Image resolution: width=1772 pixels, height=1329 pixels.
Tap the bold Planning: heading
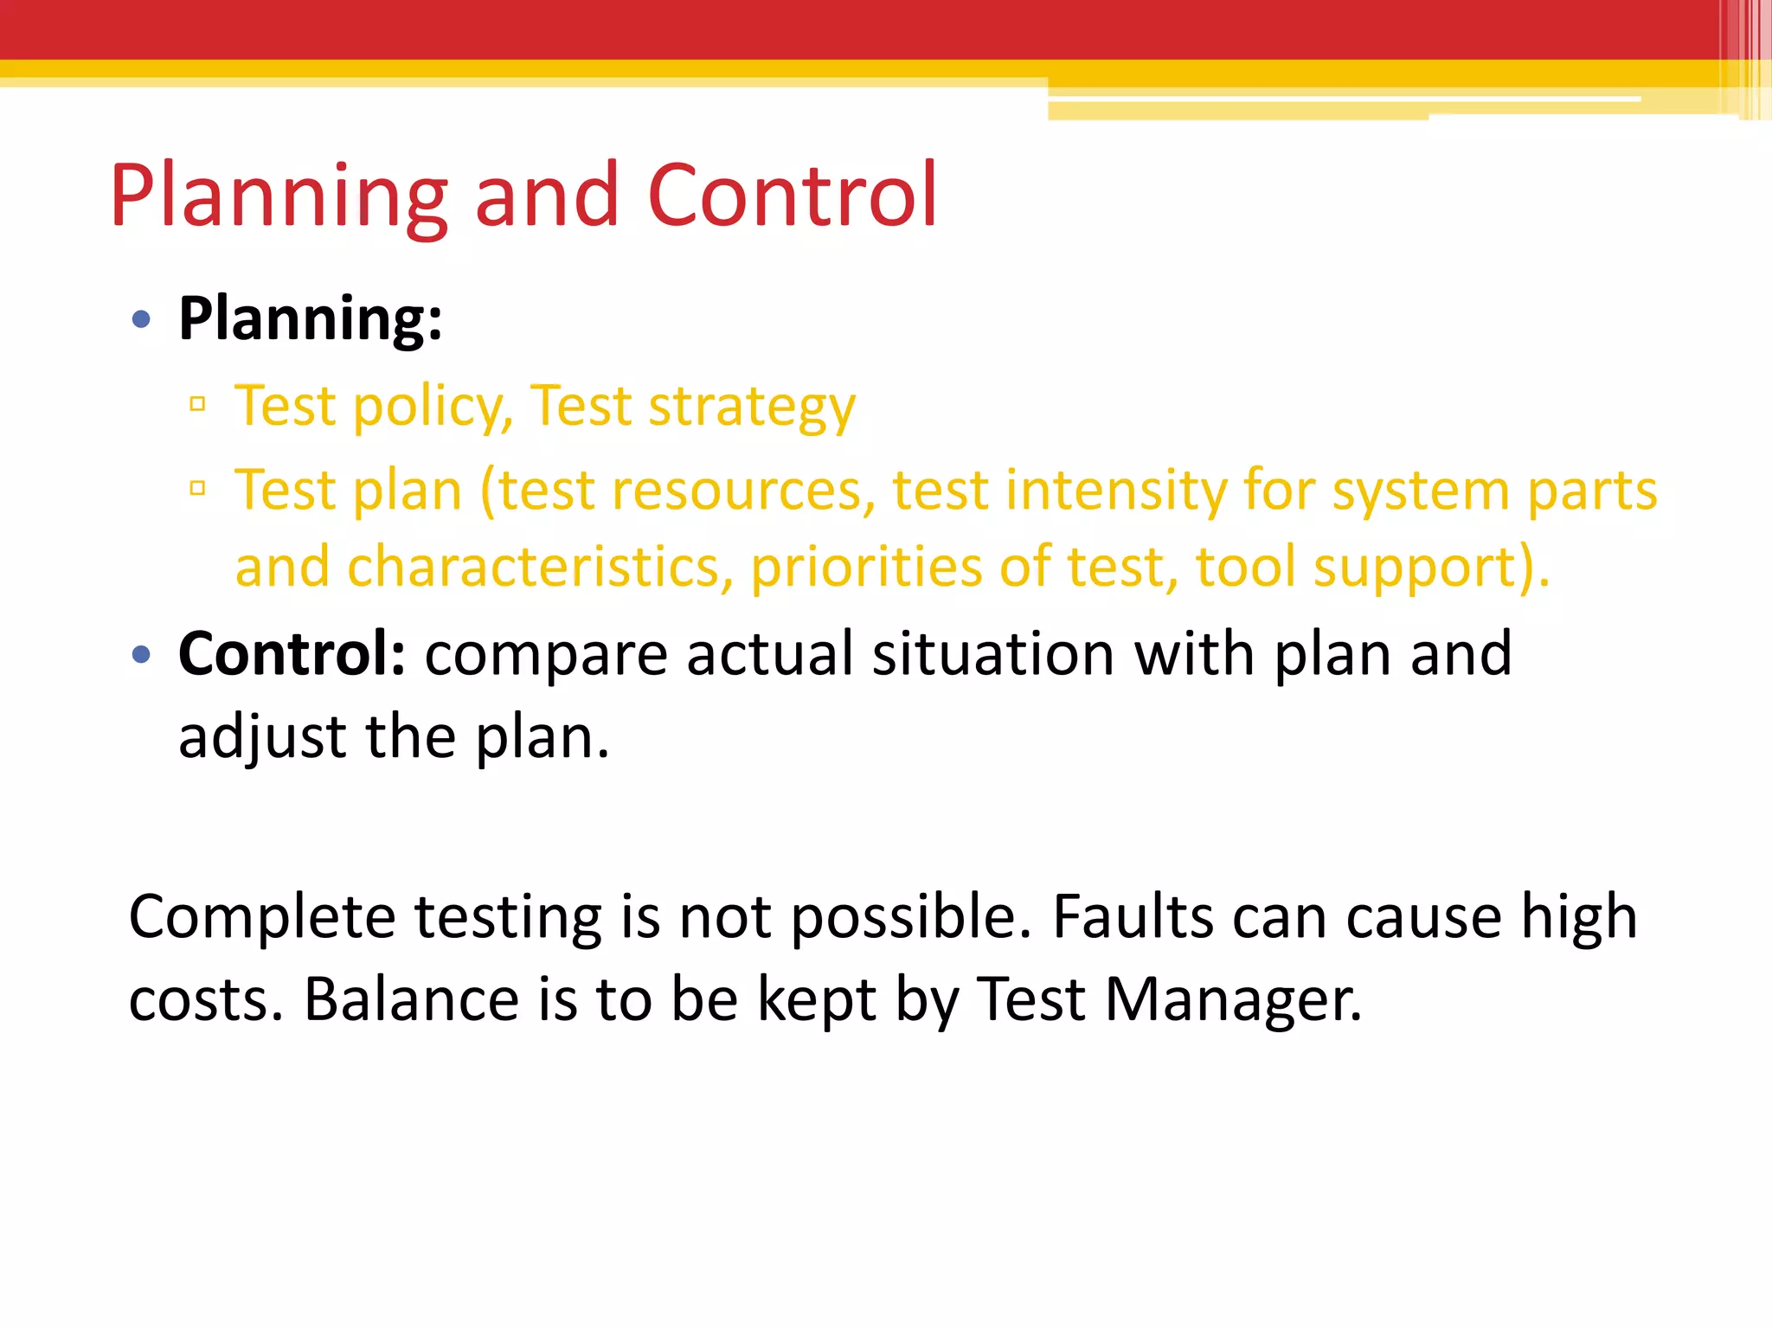click(x=310, y=319)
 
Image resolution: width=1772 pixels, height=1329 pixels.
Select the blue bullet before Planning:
click(x=141, y=320)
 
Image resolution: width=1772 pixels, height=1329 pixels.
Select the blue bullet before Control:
click(x=141, y=655)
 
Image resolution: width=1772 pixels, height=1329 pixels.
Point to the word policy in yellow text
click(x=433, y=407)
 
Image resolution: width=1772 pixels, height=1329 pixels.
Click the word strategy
click(x=751, y=407)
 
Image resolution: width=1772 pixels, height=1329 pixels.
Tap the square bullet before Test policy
click(x=198, y=404)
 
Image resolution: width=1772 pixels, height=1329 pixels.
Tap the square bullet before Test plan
click(x=198, y=489)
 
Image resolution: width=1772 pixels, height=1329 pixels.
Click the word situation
click(x=992, y=653)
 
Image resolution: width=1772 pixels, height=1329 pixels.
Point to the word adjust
click(x=262, y=738)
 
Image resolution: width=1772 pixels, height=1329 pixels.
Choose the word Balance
click(x=411, y=999)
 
